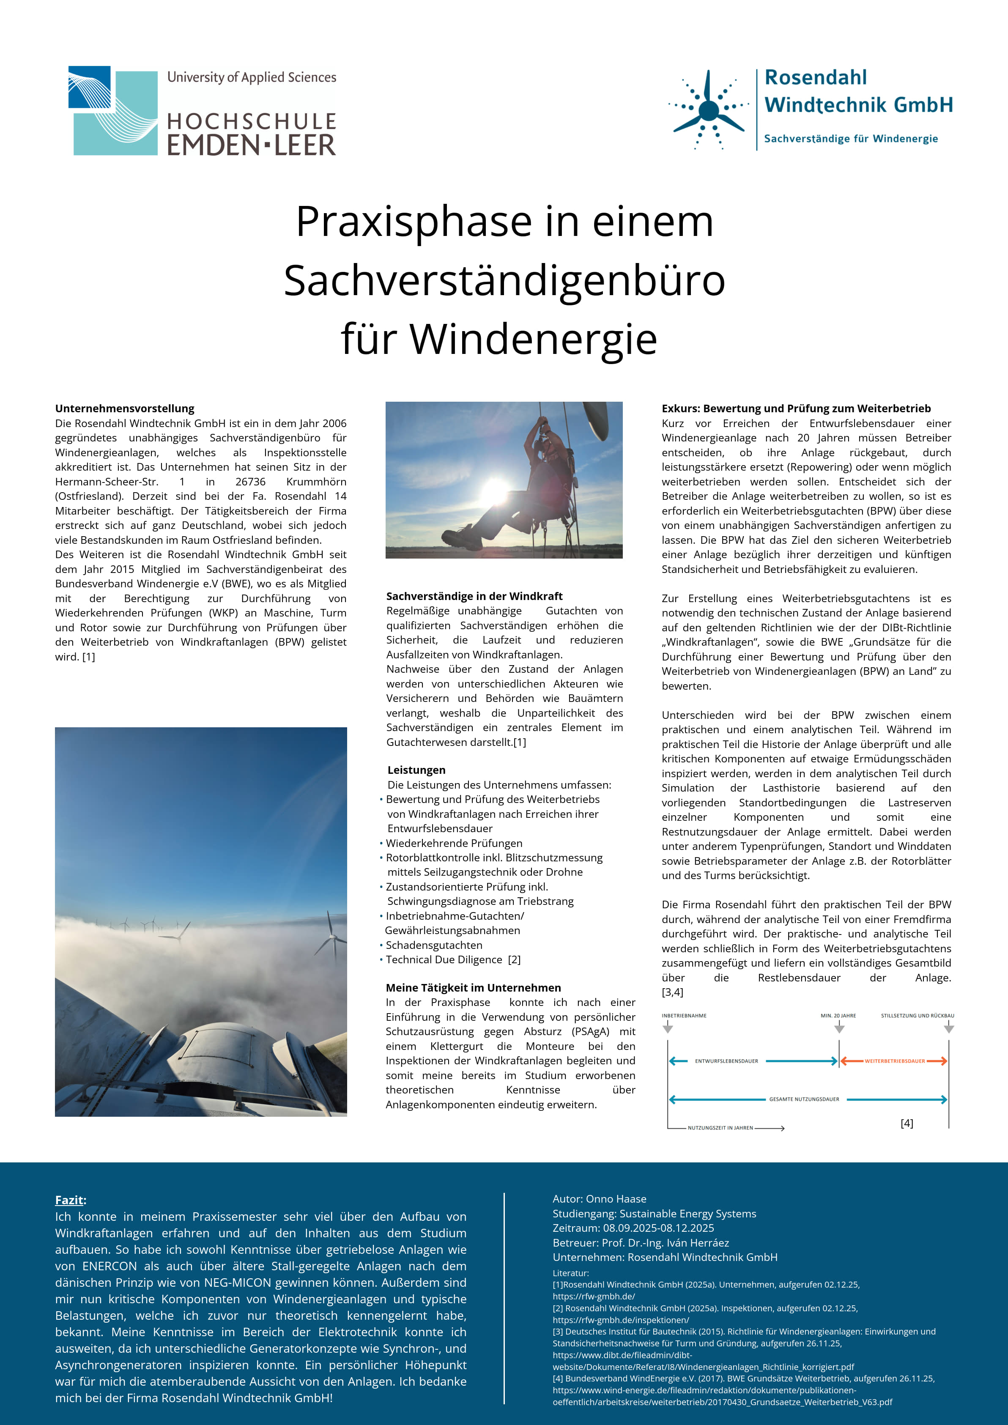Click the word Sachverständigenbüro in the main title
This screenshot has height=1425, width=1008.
point(504,280)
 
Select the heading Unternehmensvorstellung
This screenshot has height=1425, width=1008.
point(125,408)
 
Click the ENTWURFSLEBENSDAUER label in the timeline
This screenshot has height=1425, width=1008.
point(726,1061)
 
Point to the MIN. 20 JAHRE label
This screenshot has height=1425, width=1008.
point(838,1016)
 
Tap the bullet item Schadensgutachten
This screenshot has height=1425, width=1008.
point(434,945)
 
